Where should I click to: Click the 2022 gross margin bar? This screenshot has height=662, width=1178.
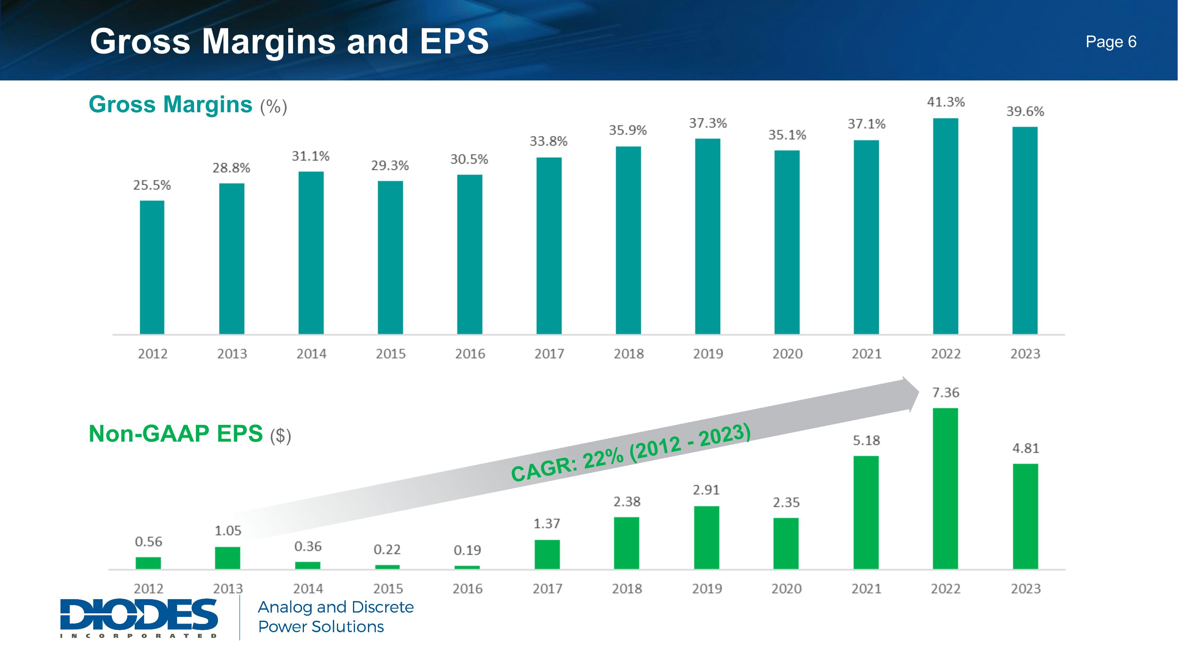point(945,226)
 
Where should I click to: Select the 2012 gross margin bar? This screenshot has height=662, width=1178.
point(152,267)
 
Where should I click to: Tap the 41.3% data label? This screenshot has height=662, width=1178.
point(946,102)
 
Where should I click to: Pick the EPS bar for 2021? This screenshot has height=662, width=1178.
point(866,512)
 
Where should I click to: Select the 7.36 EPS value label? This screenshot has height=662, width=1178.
point(946,392)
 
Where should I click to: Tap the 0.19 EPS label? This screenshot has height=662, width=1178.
point(467,550)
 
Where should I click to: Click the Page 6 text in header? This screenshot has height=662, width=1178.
point(1111,42)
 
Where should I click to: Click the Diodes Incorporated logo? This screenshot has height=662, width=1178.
point(139,618)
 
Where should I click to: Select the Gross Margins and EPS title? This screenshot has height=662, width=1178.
point(289,41)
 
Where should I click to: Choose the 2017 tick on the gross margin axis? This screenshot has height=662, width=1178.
point(549,354)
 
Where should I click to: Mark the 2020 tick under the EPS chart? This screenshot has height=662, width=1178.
point(787,589)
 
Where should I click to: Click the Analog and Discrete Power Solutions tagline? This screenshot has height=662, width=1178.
point(336,617)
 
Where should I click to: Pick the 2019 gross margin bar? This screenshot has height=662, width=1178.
point(708,236)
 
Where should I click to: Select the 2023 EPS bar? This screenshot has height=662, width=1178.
point(1025,516)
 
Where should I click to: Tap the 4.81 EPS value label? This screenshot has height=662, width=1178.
point(1026,448)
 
